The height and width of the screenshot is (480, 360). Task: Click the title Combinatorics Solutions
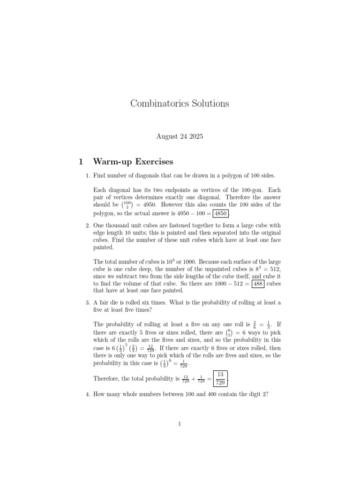pos(180,103)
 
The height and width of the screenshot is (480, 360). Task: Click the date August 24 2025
pos(180,137)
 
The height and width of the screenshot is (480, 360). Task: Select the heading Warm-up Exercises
pos(133,162)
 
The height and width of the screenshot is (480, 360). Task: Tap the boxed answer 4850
pos(221,214)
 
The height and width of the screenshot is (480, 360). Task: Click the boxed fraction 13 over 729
pos(220,378)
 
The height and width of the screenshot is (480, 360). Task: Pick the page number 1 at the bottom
pos(180,424)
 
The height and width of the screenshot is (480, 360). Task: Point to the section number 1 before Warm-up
pos(81,162)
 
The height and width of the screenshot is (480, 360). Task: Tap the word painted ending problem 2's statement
pos(103,247)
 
